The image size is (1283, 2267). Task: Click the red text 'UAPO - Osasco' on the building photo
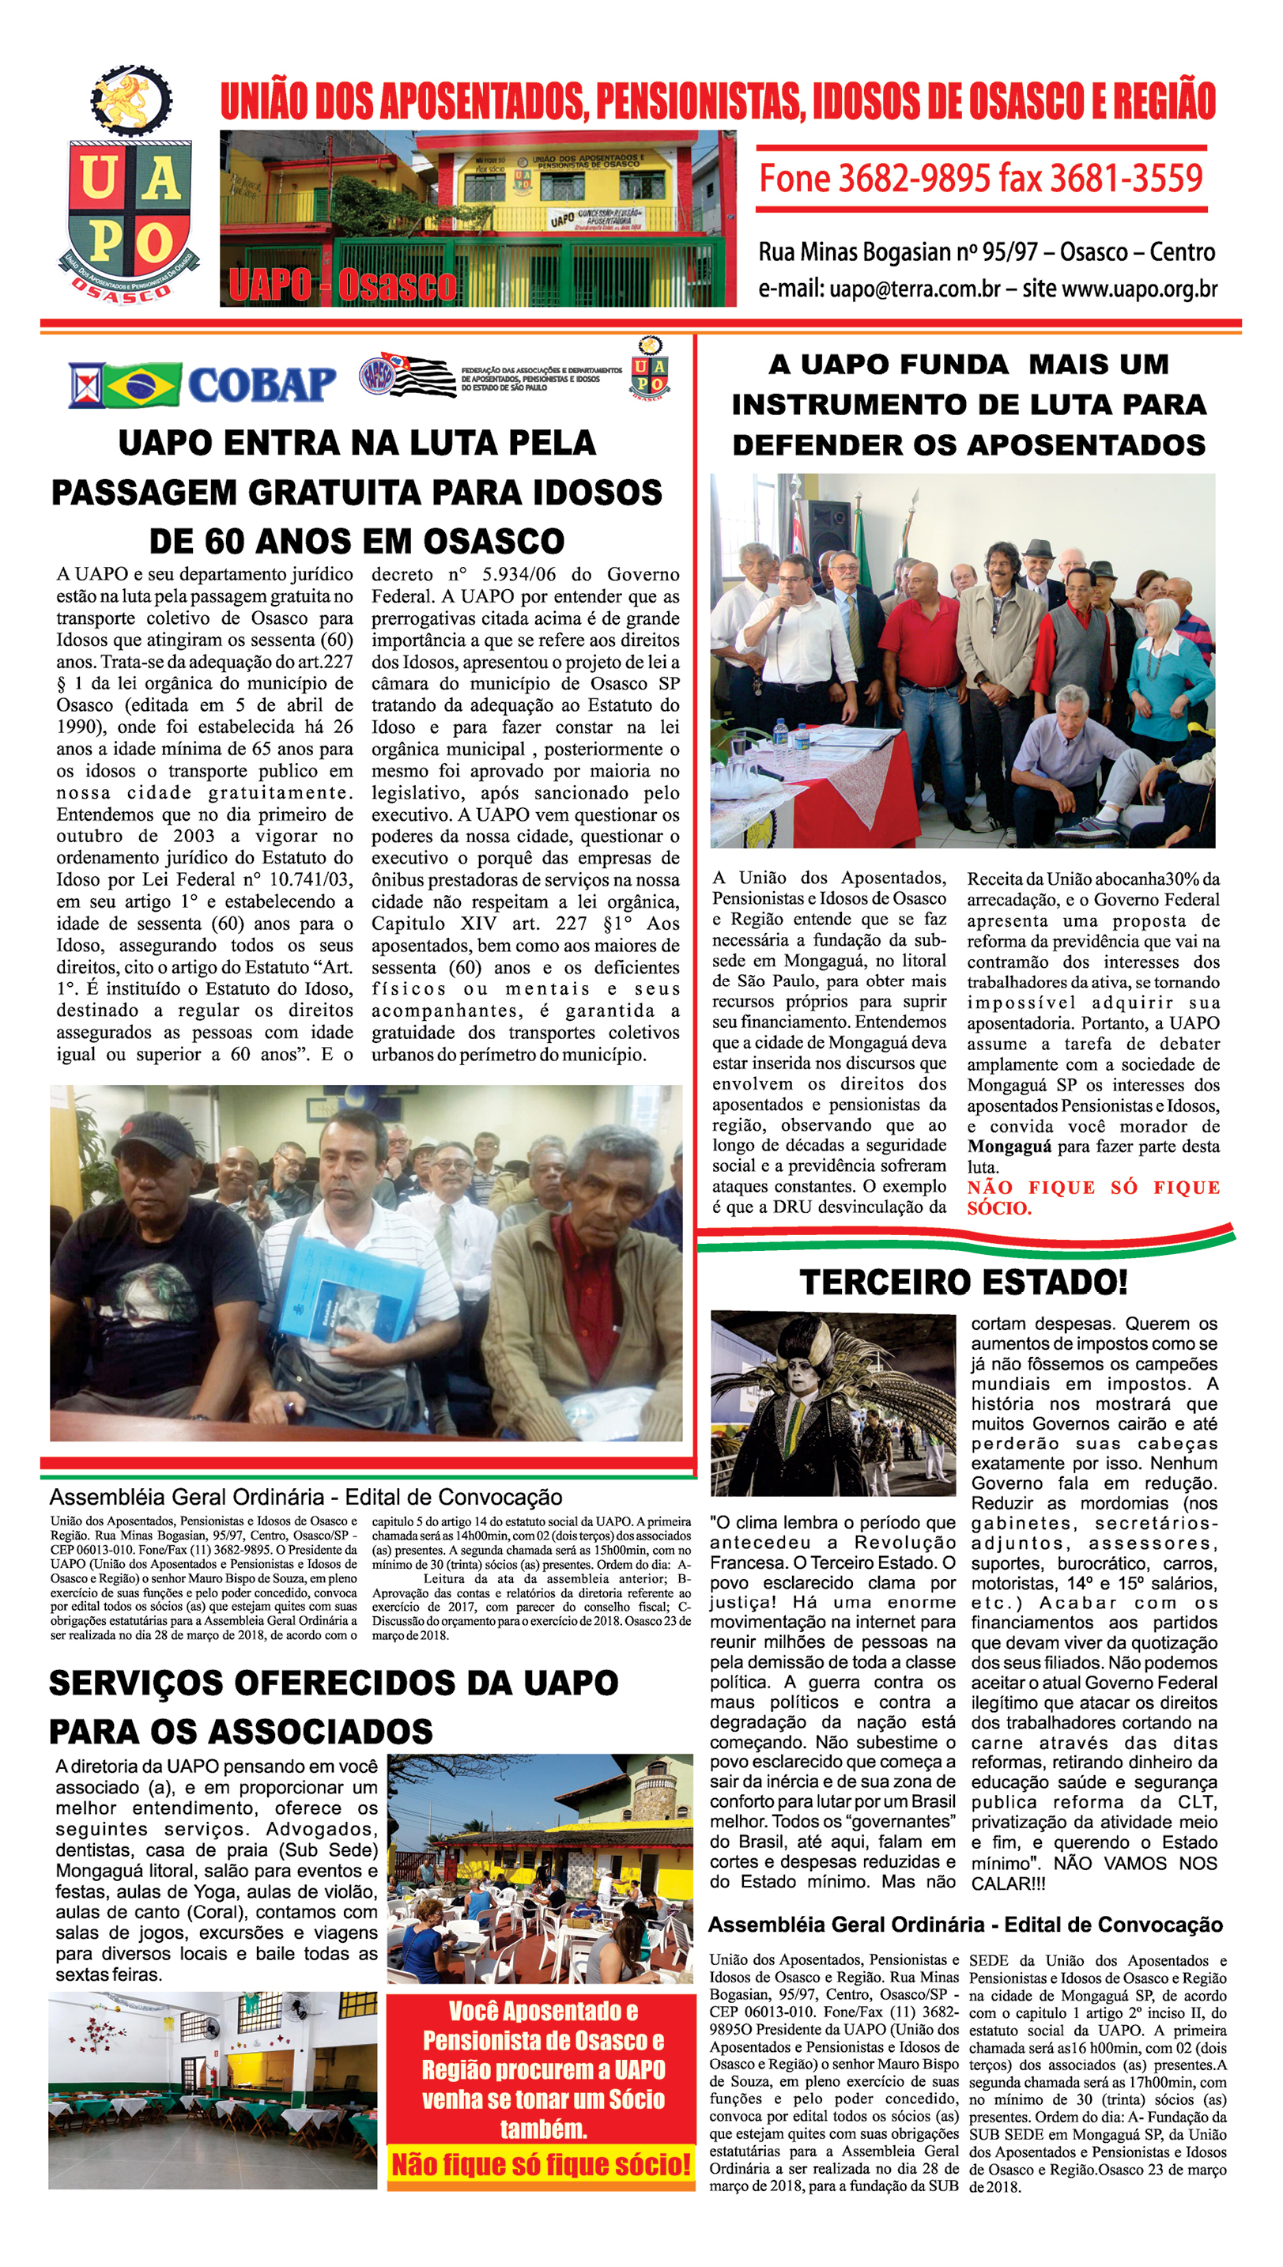tap(342, 285)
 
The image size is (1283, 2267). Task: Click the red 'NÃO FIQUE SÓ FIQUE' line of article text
tap(1092, 1187)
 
